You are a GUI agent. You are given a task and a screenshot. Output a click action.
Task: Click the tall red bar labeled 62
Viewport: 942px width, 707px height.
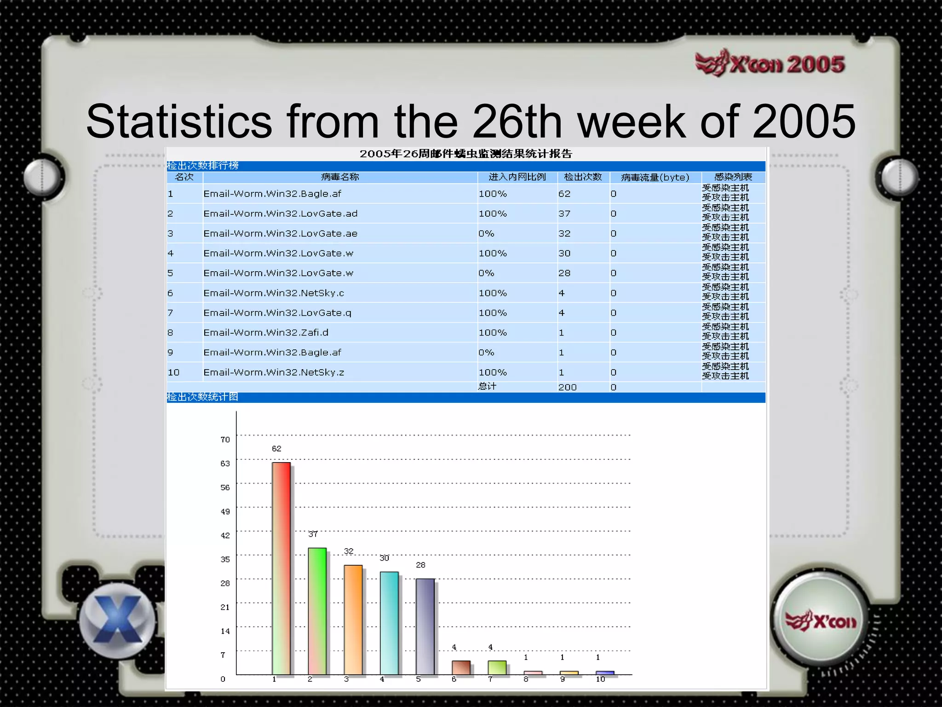coord(281,568)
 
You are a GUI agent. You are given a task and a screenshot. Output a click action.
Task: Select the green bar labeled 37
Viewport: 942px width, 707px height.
coord(317,611)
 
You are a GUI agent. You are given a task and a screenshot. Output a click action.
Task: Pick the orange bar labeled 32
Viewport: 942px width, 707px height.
coord(353,620)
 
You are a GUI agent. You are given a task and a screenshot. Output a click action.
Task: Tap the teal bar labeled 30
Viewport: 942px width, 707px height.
coord(389,623)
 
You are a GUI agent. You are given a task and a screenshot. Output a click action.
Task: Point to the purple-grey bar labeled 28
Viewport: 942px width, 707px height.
coord(425,626)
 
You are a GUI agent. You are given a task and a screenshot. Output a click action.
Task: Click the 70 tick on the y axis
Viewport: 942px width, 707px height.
coord(225,440)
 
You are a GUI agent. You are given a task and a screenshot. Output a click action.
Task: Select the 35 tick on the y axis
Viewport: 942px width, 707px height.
coord(225,559)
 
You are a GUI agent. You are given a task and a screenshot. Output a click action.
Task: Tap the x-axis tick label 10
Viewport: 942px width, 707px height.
coord(600,679)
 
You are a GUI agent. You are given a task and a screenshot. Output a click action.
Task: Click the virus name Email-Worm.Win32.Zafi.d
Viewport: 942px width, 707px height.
coord(266,332)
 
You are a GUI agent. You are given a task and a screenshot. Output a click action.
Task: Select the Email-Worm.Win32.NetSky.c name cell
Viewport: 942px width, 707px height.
coord(274,293)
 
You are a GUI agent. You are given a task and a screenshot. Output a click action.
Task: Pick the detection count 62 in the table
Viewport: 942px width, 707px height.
coord(564,194)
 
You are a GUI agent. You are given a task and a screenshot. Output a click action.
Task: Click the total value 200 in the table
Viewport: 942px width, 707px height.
coord(567,387)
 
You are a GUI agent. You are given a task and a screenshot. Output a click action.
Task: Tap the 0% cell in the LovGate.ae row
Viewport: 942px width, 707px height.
coord(486,233)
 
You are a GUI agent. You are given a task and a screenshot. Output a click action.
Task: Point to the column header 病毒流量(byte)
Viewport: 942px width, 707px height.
coord(655,177)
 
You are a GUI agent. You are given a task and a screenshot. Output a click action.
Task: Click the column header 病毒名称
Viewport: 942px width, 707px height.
coord(340,177)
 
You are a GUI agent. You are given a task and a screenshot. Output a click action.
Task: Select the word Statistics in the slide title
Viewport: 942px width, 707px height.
coord(179,122)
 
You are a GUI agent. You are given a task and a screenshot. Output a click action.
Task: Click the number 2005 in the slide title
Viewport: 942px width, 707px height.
coord(804,122)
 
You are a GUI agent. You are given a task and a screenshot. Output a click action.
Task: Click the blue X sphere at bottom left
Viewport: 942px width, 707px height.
coord(117,620)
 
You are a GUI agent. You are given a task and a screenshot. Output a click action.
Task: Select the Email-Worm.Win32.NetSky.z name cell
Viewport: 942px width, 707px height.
coord(274,372)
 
